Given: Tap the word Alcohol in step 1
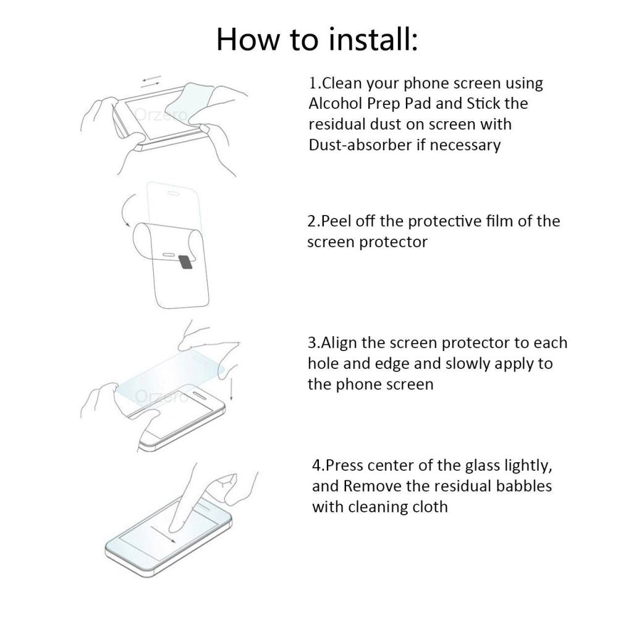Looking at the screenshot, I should [x=337, y=103].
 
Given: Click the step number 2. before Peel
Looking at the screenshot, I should [x=313, y=221].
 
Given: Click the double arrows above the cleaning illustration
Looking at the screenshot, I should [x=151, y=82].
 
